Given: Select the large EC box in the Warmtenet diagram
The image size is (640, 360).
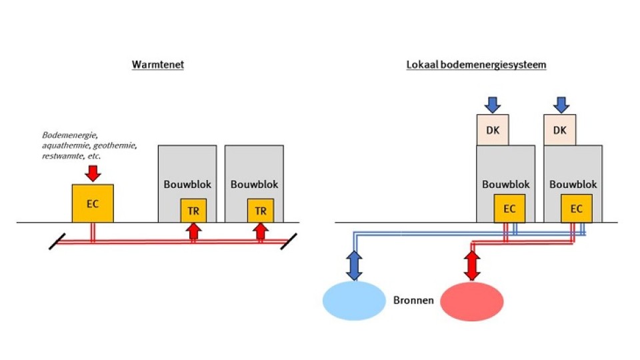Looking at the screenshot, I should tap(93, 203).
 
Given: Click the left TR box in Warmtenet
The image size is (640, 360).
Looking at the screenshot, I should tap(193, 211).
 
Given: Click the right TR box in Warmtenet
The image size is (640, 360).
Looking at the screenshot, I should tap(261, 211).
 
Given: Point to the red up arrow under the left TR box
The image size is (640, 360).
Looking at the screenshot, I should tap(193, 231).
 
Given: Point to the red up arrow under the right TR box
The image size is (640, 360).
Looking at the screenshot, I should tap(261, 231).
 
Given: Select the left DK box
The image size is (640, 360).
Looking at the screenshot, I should tap(493, 130).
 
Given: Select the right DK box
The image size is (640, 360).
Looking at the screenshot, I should tap(560, 130).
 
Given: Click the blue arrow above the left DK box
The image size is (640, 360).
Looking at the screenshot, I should tap(493, 105).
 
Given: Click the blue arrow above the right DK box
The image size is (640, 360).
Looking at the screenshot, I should tap(561, 105).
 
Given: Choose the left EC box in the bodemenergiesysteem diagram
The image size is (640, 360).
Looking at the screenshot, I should tap(509, 209).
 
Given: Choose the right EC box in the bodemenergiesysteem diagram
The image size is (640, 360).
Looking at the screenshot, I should tap(577, 209).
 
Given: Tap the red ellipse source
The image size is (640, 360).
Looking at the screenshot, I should tap(472, 301).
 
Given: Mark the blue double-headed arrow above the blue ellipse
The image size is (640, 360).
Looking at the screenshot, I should tap(354, 265).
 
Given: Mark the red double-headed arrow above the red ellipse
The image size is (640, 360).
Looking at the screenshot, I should tap(472, 265).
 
